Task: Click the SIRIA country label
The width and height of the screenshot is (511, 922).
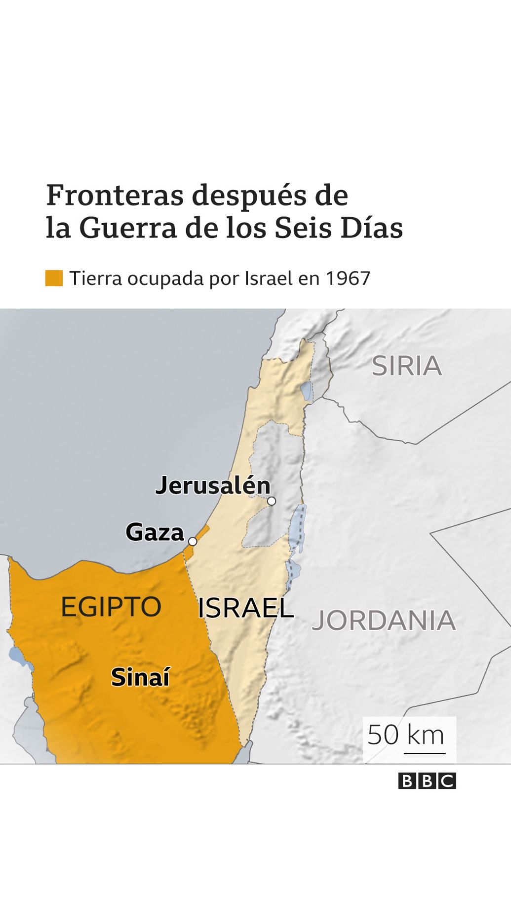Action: (406, 366)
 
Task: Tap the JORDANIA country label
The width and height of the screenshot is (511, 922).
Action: (383, 620)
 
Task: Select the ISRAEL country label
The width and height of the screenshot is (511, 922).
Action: (245, 608)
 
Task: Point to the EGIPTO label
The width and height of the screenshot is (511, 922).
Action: (111, 606)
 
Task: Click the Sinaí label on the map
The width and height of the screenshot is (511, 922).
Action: (140, 677)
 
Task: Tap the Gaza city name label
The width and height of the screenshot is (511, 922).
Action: (155, 532)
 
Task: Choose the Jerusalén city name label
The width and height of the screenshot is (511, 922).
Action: (213, 486)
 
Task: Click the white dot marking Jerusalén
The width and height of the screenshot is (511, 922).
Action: (271, 501)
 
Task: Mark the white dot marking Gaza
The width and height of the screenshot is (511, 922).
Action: (193, 541)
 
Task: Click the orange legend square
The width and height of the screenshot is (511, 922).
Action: (54, 278)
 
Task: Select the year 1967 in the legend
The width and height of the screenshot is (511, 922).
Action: (348, 279)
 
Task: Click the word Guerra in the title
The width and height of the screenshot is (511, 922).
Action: (127, 228)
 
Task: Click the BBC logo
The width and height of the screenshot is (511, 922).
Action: (427, 781)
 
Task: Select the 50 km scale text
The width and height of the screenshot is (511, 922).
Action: (406, 735)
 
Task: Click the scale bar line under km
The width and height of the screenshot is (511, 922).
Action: (425, 753)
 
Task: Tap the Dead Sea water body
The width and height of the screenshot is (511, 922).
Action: (298, 527)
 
